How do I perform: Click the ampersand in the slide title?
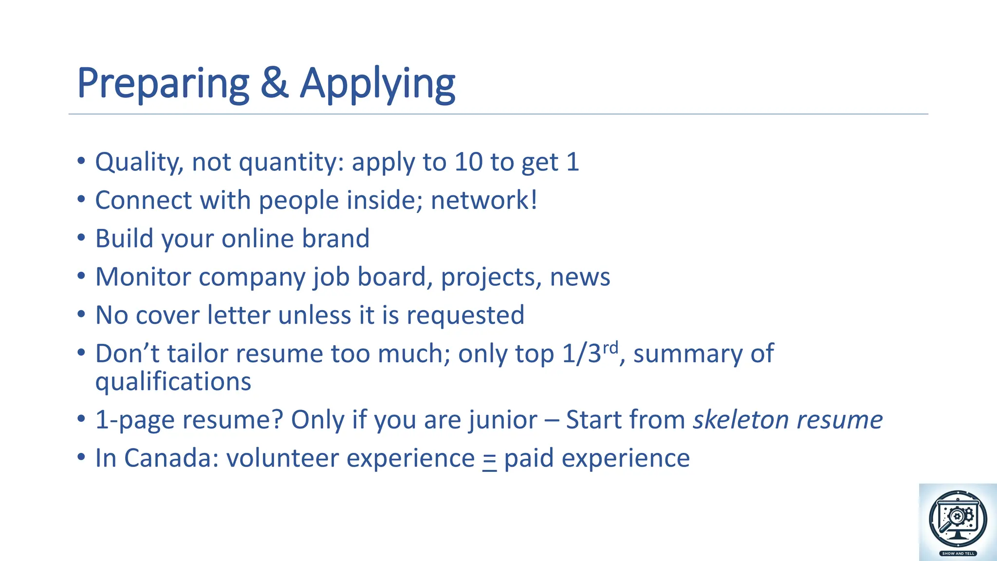click(275, 83)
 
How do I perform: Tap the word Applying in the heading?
click(377, 84)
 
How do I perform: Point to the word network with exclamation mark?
click(484, 200)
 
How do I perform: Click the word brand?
click(335, 239)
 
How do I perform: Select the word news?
click(579, 278)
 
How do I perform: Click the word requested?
click(465, 316)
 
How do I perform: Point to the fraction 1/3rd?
click(590, 353)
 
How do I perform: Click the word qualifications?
click(173, 381)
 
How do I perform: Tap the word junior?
click(503, 420)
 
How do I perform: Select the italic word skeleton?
click(737, 419)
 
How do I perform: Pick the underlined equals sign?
click(489, 460)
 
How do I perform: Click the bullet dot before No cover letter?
click(81, 315)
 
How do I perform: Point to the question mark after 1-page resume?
click(278, 419)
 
